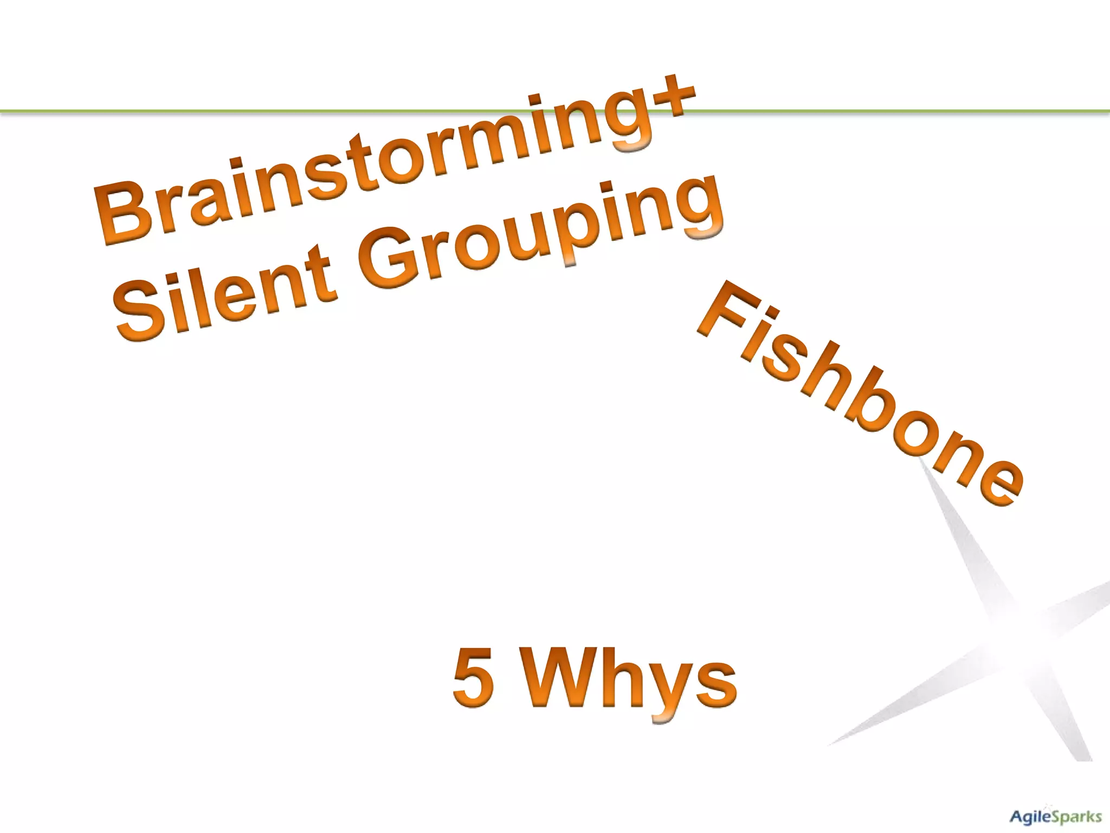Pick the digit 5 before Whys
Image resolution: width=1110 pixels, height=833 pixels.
pyautogui.click(x=473, y=678)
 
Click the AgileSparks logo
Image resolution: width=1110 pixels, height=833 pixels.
pyautogui.click(x=1055, y=816)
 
